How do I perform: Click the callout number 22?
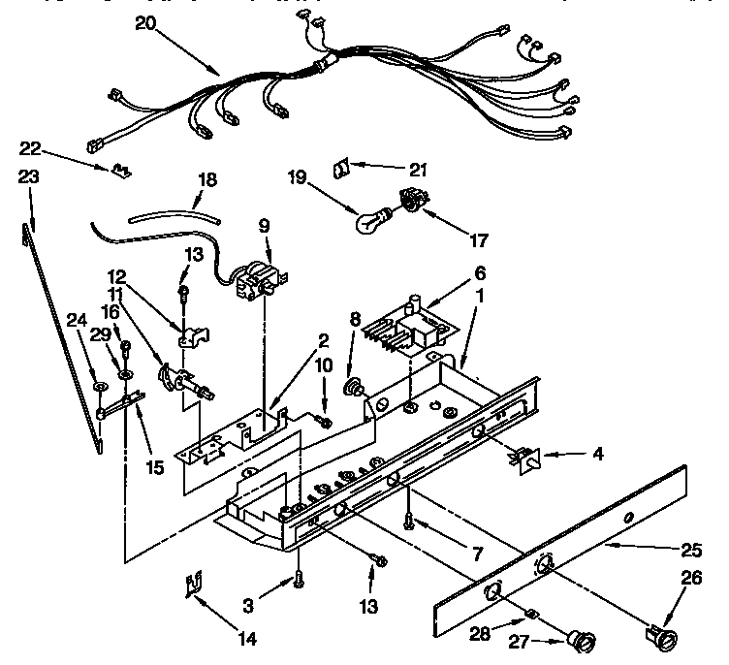(32, 147)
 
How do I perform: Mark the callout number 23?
(29, 176)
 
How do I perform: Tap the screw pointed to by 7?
(411, 521)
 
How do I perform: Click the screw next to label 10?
(323, 421)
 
